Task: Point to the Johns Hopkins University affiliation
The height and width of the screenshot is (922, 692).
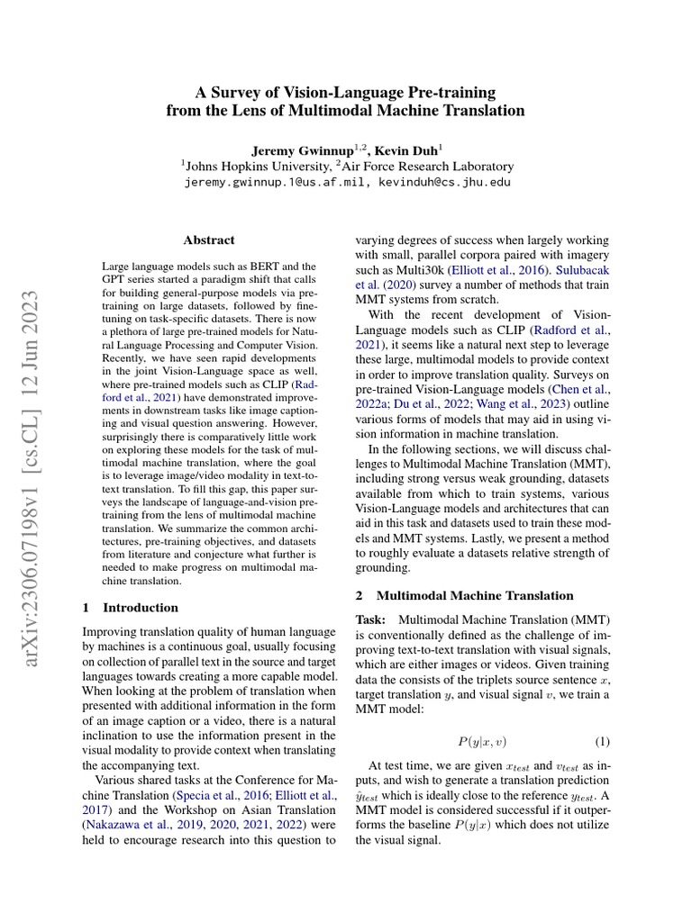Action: tap(255, 166)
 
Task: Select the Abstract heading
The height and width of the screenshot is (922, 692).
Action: tap(209, 240)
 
